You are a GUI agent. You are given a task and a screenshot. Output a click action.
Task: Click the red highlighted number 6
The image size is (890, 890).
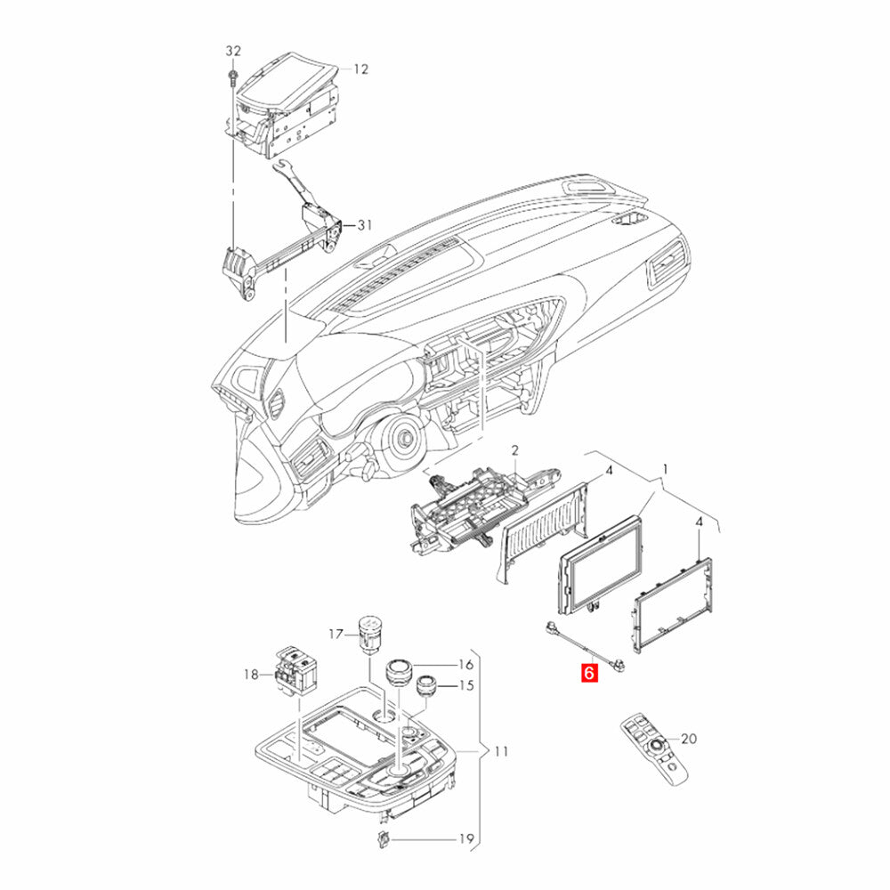point(589,673)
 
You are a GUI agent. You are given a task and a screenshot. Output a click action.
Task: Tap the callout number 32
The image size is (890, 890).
point(233,51)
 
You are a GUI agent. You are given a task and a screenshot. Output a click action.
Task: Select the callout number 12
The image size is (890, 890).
point(361,69)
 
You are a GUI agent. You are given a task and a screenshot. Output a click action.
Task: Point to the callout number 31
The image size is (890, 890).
point(364,225)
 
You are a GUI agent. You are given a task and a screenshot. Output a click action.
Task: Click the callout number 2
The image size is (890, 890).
point(514,450)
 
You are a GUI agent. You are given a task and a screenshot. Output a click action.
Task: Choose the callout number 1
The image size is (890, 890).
point(666,469)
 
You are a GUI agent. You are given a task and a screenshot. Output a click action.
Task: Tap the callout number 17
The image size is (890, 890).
point(336,634)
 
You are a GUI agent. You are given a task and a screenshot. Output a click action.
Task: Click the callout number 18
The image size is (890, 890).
point(251,675)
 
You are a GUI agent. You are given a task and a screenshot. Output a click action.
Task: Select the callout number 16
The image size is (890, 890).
point(466,665)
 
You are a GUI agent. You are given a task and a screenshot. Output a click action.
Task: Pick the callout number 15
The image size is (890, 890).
point(466,685)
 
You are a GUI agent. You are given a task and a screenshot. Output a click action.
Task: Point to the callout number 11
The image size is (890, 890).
point(501,751)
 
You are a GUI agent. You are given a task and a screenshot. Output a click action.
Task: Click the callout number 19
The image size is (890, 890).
point(466,839)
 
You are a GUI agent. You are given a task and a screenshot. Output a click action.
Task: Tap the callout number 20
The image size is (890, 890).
point(689,739)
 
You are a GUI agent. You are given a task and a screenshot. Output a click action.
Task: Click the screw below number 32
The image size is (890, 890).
point(232,78)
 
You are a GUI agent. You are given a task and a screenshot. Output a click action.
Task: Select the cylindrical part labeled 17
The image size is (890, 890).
point(369,635)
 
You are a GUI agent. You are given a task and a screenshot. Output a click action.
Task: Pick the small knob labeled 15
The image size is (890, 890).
point(427,685)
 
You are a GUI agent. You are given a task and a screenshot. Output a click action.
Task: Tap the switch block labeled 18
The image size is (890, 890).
point(296,671)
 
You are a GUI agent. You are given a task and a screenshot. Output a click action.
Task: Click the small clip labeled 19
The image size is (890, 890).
point(383,839)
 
